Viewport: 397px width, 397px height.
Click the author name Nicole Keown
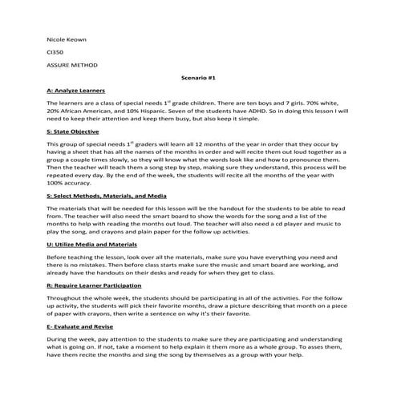point(65,38)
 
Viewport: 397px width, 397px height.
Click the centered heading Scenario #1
point(198,79)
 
